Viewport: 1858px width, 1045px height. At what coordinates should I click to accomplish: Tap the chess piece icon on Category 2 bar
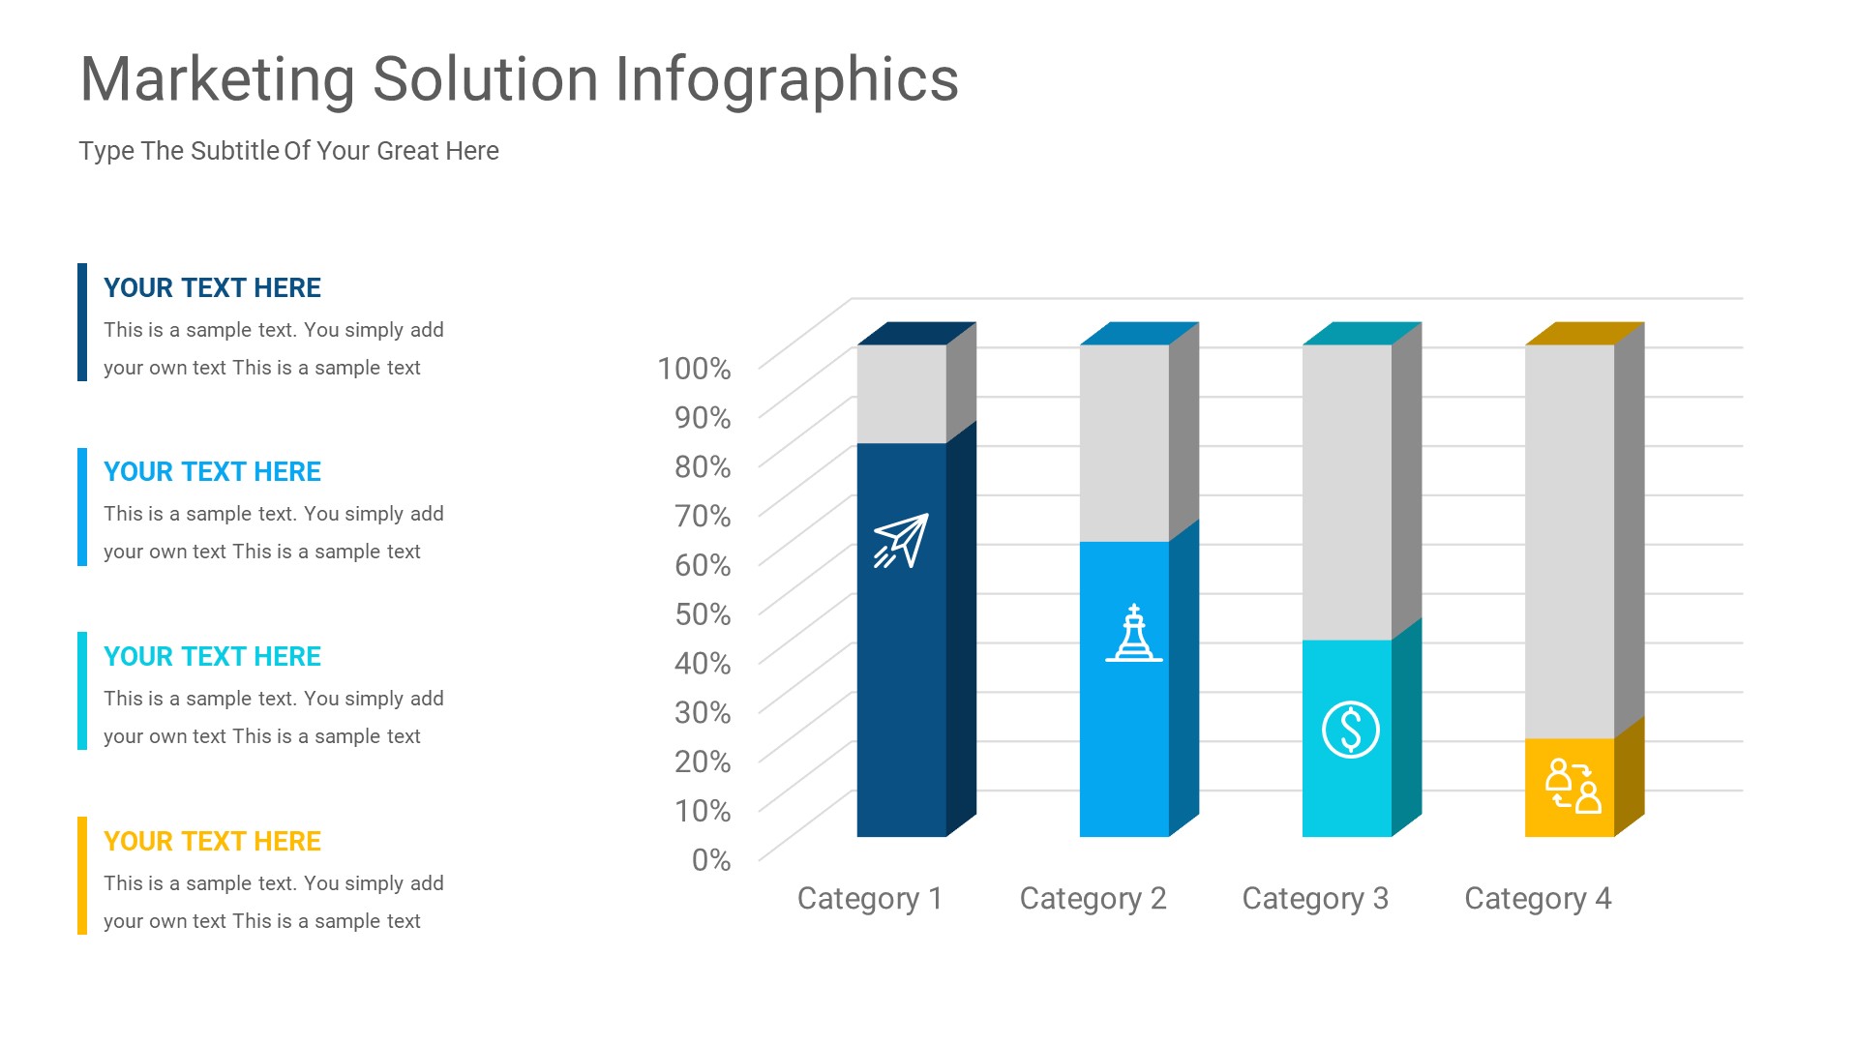click(x=1134, y=634)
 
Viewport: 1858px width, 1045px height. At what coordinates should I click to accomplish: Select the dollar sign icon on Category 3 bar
click(x=1350, y=730)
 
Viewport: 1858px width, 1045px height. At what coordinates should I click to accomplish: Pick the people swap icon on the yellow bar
click(x=1573, y=786)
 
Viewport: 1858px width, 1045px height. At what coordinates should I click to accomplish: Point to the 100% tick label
click(x=694, y=369)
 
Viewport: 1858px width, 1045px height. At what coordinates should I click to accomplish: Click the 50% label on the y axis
click(x=703, y=614)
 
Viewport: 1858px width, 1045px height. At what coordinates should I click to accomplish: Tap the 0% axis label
click(x=711, y=860)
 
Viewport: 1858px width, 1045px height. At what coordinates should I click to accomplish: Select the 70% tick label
click(x=703, y=516)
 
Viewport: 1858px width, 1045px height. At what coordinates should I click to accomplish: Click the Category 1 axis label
click(x=869, y=899)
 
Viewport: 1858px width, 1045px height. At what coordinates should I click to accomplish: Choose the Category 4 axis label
click(x=1538, y=899)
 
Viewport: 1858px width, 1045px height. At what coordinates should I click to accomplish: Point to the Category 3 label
click(x=1315, y=899)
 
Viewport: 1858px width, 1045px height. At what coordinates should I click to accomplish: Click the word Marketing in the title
click(x=218, y=79)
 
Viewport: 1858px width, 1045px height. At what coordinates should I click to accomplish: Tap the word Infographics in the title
click(x=787, y=79)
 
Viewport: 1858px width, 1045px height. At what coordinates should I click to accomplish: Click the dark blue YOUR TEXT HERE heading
click(x=212, y=288)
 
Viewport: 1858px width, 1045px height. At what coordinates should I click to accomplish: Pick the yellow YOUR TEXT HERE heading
click(x=212, y=842)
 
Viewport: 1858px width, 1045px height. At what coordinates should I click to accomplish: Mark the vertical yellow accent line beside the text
click(x=82, y=876)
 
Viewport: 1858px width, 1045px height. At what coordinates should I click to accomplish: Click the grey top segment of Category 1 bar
click(x=901, y=394)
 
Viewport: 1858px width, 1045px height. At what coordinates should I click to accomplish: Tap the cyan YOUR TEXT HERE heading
click(x=212, y=657)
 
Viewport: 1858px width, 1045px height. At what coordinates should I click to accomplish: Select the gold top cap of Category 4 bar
click(x=1584, y=334)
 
